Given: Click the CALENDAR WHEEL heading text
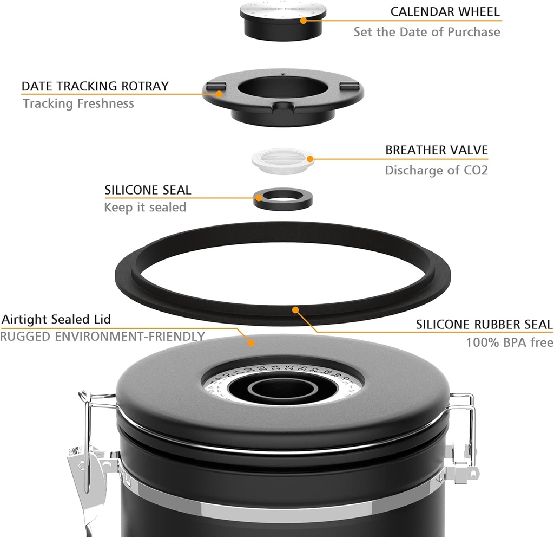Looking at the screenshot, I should click(x=445, y=11).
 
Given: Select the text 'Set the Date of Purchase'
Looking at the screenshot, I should click(x=427, y=32).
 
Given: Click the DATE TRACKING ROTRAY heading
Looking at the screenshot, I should click(x=95, y=86).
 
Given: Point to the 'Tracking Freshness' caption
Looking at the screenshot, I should click(x=78, y=103).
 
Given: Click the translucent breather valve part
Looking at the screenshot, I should click(x=282, y=160).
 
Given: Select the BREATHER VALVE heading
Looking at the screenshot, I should click(x=436, y=150).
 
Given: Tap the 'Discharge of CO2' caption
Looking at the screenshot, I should click(x=436, y=171).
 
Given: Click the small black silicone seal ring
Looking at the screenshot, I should click(x=283, y=199).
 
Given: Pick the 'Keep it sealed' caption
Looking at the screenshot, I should click(x=145, y=208).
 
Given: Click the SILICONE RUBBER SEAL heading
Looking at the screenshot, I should click(x=484, y=325).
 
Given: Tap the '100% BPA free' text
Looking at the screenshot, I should click(x=509, y=342).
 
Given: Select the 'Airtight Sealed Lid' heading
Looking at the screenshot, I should click(x=56, y=319).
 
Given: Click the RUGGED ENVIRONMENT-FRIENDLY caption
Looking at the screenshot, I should click(x=102, y=337).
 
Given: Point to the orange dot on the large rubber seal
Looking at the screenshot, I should click(x=295, y=310).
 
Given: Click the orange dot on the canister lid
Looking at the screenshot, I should click(x=250, y=342).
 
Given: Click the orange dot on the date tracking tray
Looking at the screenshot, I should click(x=219, y=93).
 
